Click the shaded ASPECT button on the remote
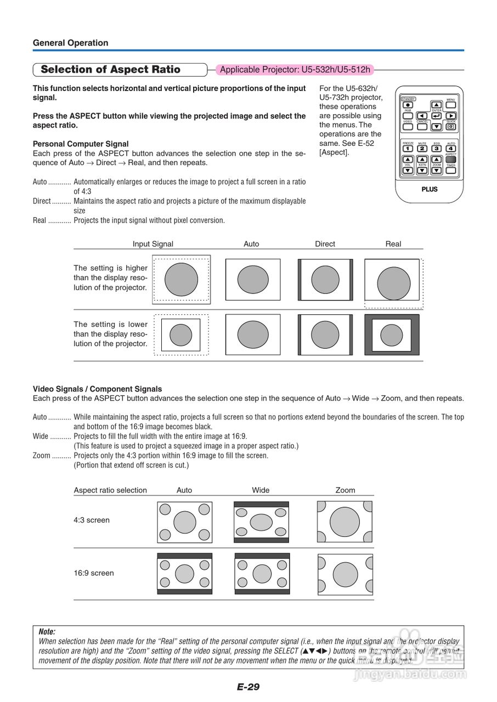click(x=450, y=160)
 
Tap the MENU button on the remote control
click(x=451, y=104)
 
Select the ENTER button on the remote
click(x=437, y=116)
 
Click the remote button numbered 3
click(x=436, y=148)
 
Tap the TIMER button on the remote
click(x=450, y=171)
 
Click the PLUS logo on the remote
click(x=429, y=189)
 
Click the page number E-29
click(x=248, y=687)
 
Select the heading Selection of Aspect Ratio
click(x=110, y=70)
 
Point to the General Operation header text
click(x=70, y=43)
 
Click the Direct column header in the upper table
click(x=325, y=244)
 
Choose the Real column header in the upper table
click(x=393, y=244)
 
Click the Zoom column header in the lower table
click(x=345, y=490)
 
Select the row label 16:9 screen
click(x=94, y=573)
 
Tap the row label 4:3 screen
click(x=92, y=520)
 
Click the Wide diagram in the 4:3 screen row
click(x=261, y=522)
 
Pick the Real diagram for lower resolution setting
click(x=392, y=335)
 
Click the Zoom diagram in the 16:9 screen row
click(x=345, y=574)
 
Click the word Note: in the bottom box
click(x=47, y=632)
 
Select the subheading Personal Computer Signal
click(x=81, y=144)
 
